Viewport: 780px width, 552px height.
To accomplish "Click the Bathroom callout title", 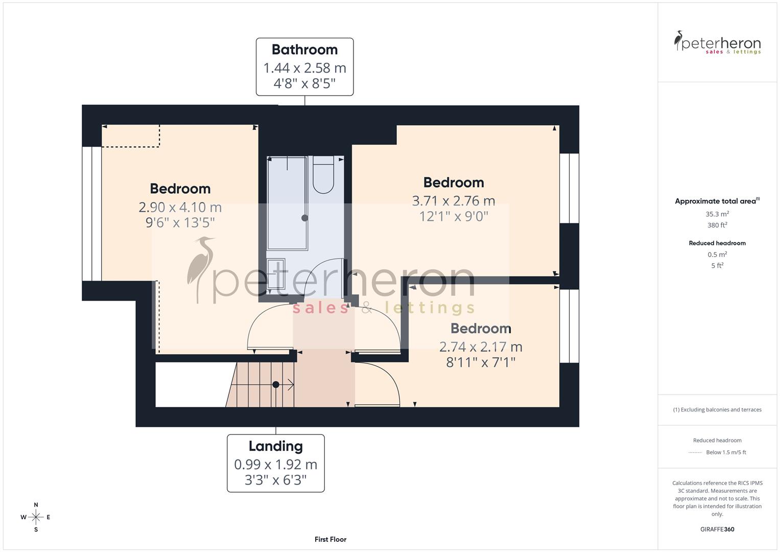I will [x=304, y=50].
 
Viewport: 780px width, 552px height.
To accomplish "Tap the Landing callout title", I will [x=275, y=446].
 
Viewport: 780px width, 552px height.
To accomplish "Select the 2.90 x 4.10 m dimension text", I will [x=180, y=207].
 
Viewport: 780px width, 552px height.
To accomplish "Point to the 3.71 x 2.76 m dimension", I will [x=453, y=201].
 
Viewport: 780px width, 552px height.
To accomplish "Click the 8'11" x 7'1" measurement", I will [x=480, y=362].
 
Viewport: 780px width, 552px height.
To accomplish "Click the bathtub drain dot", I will [x=304, y=218].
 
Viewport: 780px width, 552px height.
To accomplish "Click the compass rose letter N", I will [x=36, y=505].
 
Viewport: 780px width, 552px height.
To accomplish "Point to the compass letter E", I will [x=49, y=517].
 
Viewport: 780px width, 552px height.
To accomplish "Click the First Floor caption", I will [x=330, y=539].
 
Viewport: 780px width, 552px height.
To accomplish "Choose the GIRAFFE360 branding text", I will [x=717, y=530].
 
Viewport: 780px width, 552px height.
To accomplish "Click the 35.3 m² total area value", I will [x=717, y=214].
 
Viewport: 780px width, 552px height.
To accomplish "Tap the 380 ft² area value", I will [x=717, y=225].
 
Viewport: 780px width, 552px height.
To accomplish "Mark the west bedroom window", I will [x=92, y=214].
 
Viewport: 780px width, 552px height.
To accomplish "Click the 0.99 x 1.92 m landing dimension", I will [x=275, y=465].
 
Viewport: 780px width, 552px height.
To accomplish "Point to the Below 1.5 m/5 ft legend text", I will [x=726, y=452].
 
